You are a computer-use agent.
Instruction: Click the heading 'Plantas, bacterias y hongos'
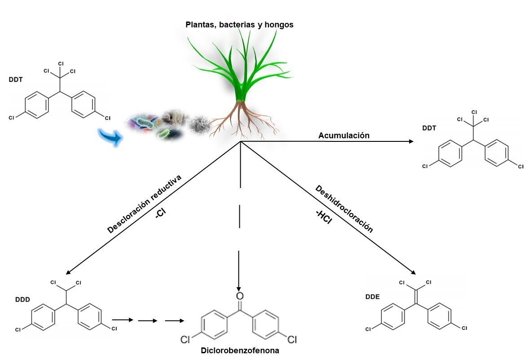coord(239,25)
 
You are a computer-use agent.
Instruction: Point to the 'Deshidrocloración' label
coord(344,209)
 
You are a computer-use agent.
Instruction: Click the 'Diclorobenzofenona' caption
coord(240,351)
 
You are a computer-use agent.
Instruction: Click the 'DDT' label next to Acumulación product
coord(430,128)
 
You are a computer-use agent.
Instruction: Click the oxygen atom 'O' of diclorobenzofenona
coord(239,296)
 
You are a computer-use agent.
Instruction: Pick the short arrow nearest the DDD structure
coord(123,320)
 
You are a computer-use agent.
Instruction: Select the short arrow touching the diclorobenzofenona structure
coord(175,321)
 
